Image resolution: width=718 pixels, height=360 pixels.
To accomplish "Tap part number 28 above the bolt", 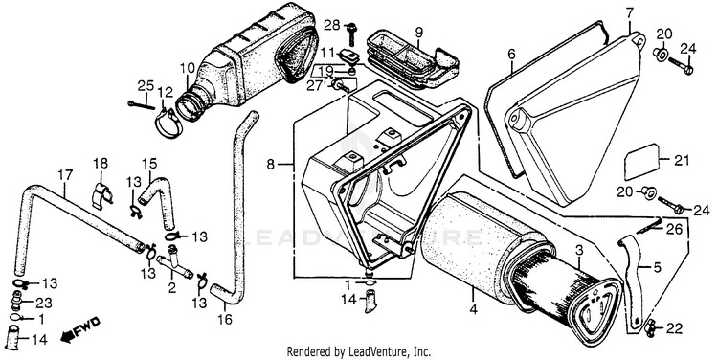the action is (x=332, y=25).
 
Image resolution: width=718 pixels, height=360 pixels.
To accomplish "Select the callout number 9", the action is (x=418, y=32).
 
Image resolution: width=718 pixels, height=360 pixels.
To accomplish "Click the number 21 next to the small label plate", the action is (x=682, y=160).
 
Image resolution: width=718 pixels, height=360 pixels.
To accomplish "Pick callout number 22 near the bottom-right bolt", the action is (x=675, y=328).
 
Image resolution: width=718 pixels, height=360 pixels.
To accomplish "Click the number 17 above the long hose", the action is (x=65, y=175).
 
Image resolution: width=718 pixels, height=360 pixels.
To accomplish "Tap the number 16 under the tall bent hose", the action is (x=224, y=319).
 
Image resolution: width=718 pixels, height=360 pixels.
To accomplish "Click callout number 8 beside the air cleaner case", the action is (x=271, y=164).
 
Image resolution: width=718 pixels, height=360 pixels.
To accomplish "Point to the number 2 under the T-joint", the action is (x=171, y=288).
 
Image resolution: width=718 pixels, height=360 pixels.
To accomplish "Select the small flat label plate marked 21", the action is (x=641, y=162).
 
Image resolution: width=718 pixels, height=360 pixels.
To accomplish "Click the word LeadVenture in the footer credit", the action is (x=387, y=351).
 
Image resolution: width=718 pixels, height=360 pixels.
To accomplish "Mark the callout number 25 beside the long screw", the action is (x=146, y=85).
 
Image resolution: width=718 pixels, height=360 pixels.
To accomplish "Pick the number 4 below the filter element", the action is (x=474, y=309).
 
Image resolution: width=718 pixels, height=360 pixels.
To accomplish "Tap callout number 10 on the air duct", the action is (x=187, y=69).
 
